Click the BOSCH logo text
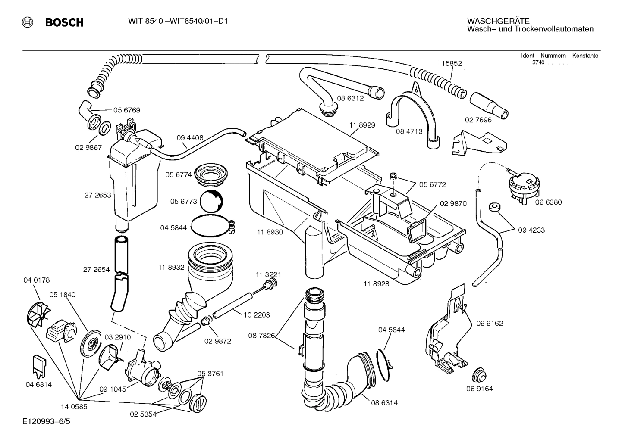click(64, 22)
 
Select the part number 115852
click(450, 63)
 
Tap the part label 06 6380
click(548, 202)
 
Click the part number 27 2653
click(97, 195)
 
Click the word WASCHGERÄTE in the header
click(498, 21)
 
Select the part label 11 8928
click(376, 284)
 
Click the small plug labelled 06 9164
click(478, 375)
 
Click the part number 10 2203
click(257, 315)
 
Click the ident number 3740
click(538, 62)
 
